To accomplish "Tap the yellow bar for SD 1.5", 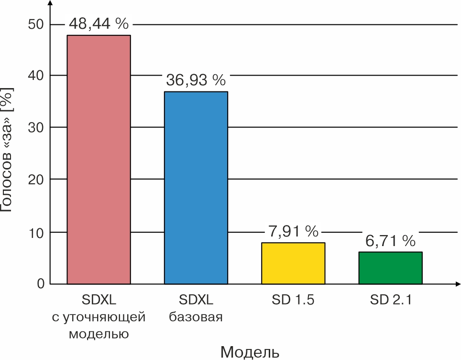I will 293,263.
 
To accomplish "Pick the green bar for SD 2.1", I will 390,268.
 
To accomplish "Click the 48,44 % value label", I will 99,23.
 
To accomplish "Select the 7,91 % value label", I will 293,232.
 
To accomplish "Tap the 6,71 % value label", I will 390,241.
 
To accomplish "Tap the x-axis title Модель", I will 250,351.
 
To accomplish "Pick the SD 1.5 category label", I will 293,301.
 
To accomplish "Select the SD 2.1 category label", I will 390,301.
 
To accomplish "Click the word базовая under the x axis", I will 196,317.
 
